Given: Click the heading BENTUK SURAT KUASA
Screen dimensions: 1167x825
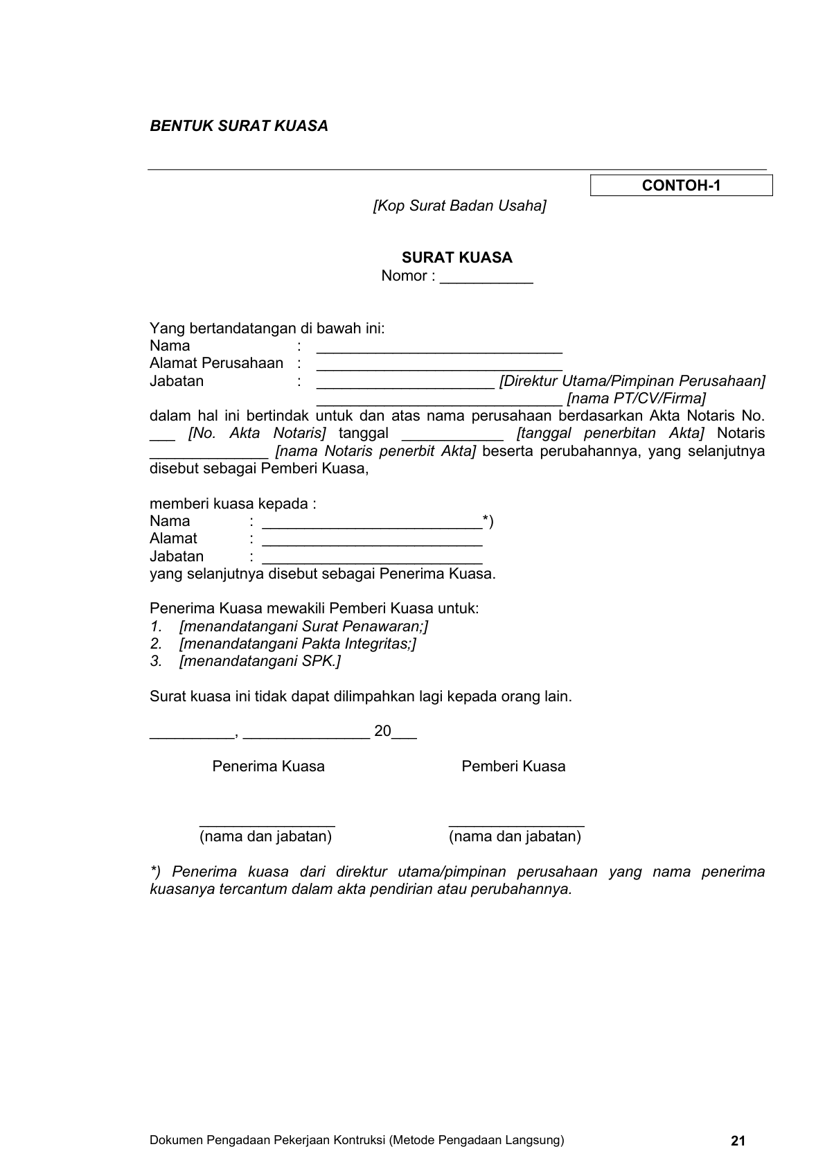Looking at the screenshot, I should click(x=239, y=126).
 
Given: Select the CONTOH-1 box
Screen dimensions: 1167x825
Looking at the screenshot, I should click(x=681, y=186).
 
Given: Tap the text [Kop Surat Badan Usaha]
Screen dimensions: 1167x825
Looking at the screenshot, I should click(x=459, y=206).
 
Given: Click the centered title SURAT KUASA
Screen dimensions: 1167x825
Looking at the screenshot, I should click(x=457, y=258).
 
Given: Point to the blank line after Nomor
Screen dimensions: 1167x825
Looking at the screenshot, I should click(x=486, y=277).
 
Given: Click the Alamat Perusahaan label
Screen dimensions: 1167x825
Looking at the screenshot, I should click(x=216, y=363).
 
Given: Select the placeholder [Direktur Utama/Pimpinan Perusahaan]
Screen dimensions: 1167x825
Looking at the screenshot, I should click(x=632, y=381).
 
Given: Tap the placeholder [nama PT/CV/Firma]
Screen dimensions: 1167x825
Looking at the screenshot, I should click(x=636, y=398).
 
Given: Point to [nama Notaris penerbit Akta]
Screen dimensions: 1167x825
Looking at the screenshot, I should click(x=375, y=451).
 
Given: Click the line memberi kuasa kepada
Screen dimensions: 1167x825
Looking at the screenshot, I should click(x=233, y=504).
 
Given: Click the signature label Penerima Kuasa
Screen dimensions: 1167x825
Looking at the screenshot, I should click(x=268, y=766).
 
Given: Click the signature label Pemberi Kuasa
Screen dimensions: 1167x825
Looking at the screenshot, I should click(x=513, y=766).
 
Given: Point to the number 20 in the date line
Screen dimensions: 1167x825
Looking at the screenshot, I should click(x=382, y=731).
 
